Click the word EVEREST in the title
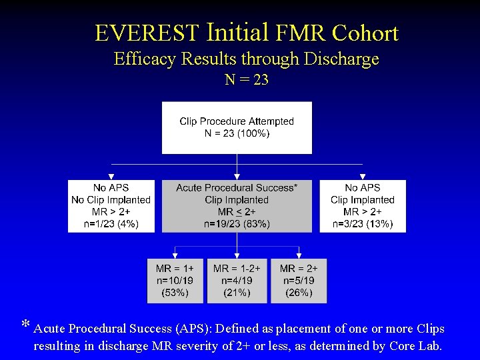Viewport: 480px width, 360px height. pos(147,33)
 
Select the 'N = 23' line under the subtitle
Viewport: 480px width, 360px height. pos(247,80)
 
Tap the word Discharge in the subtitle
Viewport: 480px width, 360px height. pos(341,59)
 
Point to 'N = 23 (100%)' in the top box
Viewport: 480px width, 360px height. pos(237,133)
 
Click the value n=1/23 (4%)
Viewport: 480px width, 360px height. pos(111,224)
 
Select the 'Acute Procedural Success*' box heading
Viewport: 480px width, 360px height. pos(237,187)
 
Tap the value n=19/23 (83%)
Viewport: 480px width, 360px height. pos(237,224)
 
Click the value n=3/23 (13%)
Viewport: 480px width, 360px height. pos(363,224)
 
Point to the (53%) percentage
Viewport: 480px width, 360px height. pos(175,293)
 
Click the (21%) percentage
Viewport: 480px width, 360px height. pos(237,293)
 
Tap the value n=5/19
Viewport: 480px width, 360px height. pos(299,281)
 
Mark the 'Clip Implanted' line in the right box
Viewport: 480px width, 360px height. pos(363,200)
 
